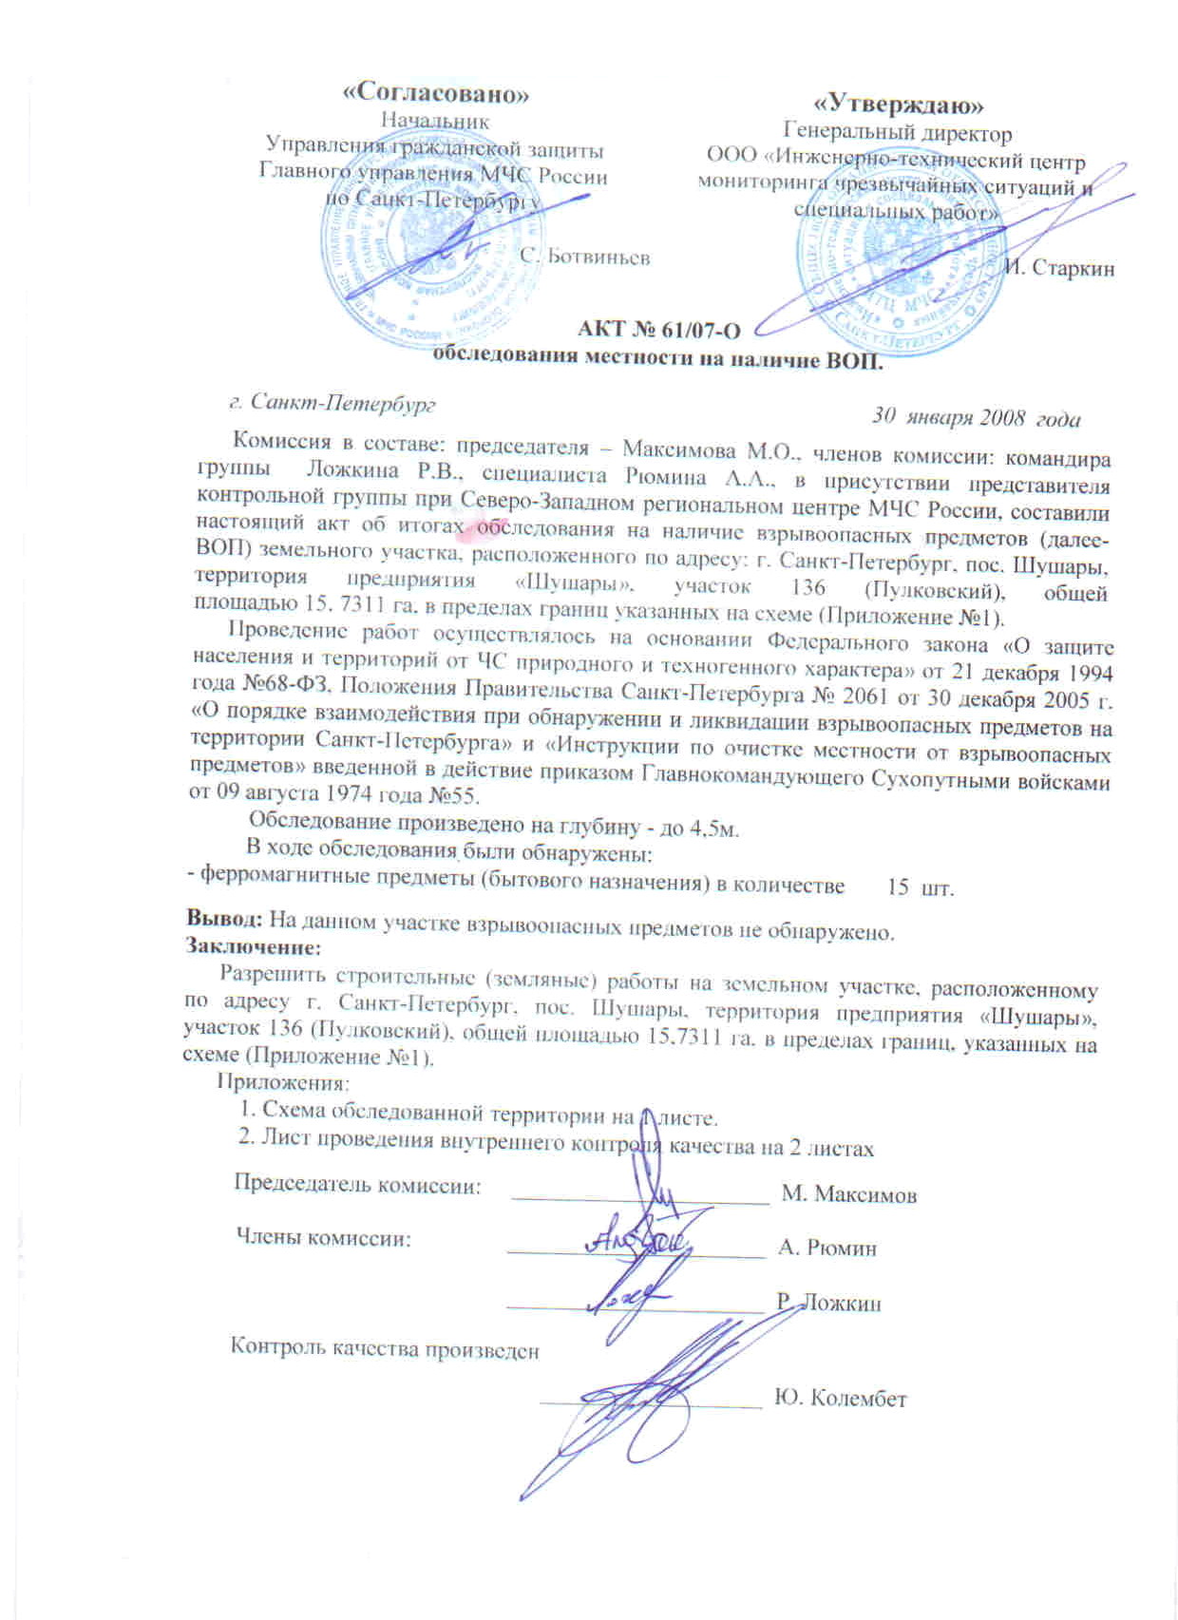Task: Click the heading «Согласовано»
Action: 435,94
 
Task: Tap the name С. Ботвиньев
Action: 586,257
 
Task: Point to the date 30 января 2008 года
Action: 976,417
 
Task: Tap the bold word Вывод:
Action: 225,920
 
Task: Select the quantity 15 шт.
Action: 920,887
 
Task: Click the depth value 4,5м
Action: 712,829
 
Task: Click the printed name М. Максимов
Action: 848,1193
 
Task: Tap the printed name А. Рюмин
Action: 826,1248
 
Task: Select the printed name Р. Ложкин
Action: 828,1303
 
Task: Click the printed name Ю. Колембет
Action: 841,1399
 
